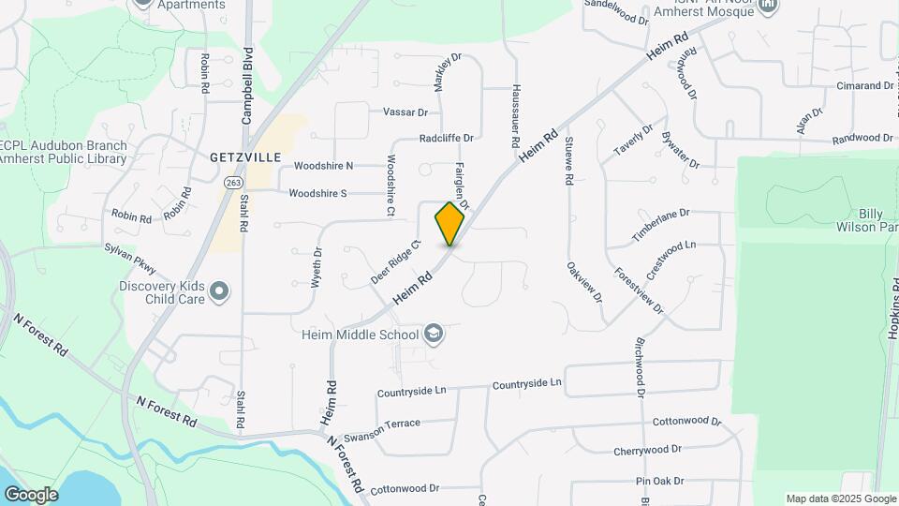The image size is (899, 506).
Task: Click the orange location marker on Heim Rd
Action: [449, 223]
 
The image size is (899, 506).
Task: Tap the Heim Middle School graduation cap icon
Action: [433, 334]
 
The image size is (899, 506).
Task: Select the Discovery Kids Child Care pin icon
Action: [219, 292]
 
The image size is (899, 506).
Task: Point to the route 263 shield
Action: [232, 182]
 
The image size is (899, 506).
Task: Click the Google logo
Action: [31, 494]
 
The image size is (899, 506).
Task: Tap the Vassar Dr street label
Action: [405, 112]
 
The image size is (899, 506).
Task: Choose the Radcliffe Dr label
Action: [447, 138]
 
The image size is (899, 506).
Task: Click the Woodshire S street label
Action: [317, 194]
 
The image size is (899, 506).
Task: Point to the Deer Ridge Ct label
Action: [397, 262]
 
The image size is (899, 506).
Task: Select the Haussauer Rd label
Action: [515, 116]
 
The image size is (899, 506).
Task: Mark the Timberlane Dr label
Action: [660, 226]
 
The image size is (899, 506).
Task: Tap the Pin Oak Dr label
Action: [660, 482]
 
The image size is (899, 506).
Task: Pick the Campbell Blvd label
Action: [247, 86]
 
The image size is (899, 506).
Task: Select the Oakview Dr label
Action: [583, 281]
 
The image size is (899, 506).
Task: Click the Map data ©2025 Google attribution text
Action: [841, 499]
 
